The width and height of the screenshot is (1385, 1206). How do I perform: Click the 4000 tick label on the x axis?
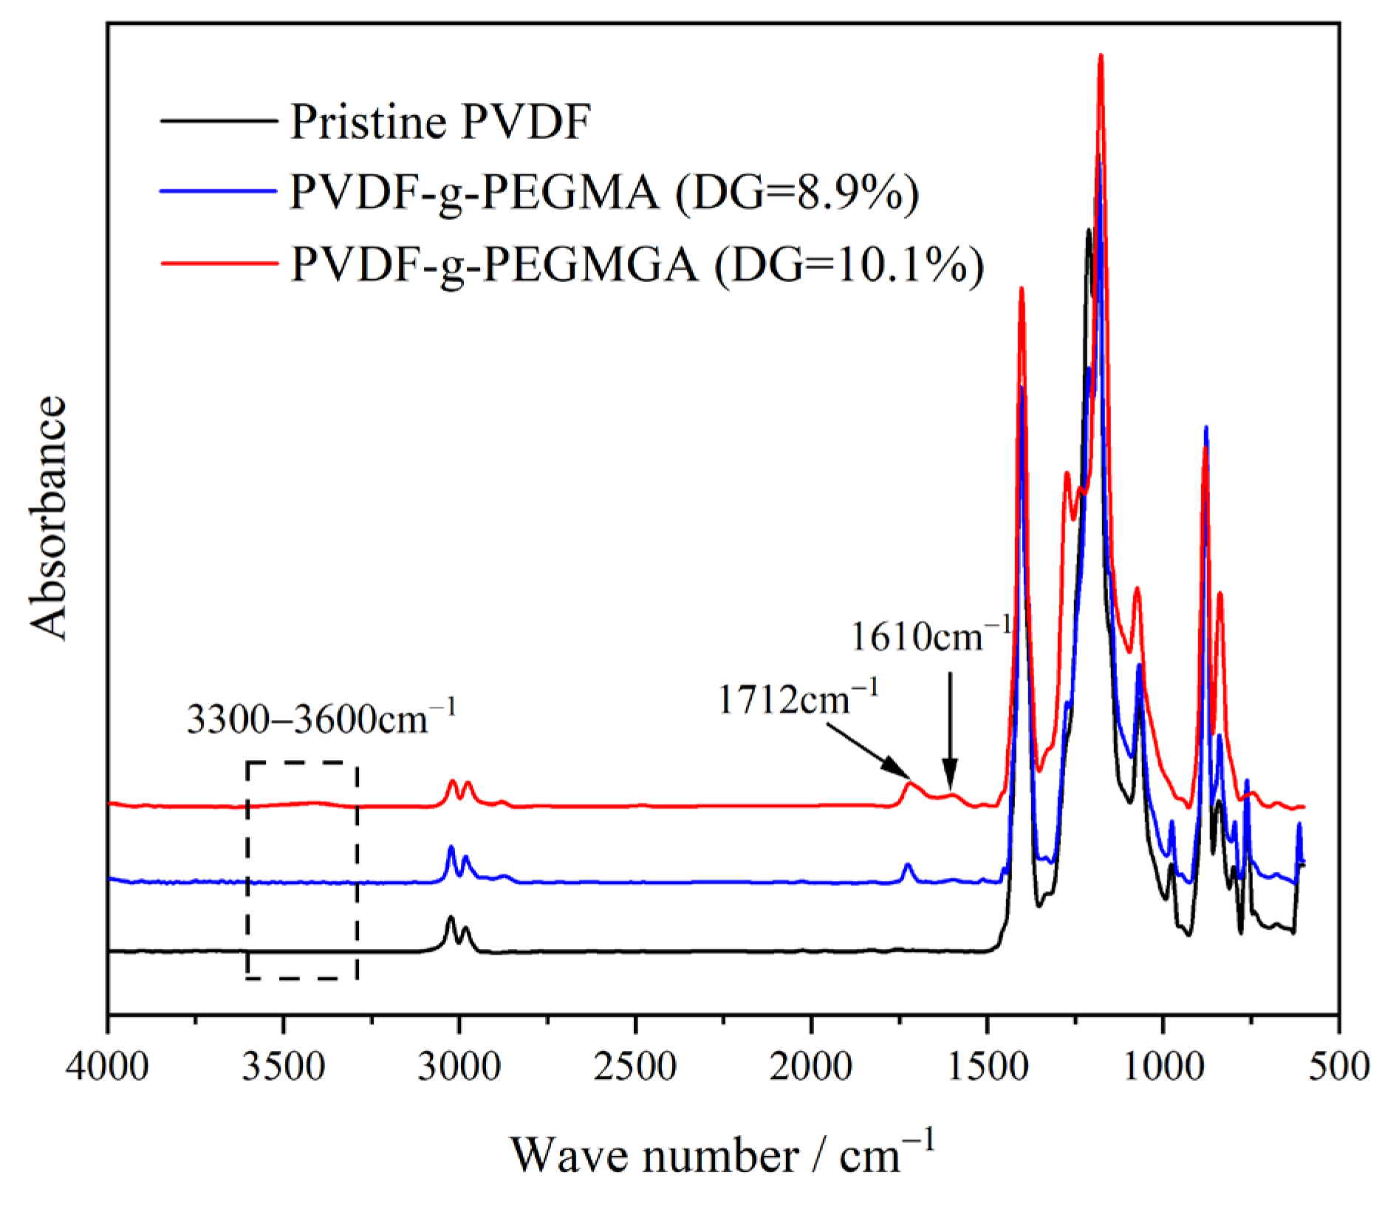(109, 1069)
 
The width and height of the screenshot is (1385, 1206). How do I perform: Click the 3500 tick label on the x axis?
(284, 1069)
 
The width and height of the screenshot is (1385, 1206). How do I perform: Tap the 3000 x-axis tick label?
(459, 1069)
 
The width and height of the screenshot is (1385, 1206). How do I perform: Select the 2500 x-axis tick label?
(635, 1069)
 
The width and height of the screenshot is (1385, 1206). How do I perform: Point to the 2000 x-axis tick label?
(811, 1069)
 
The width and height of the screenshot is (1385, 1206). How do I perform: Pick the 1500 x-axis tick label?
(987, 1069)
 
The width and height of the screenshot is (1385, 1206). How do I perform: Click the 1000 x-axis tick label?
(1163, 1069)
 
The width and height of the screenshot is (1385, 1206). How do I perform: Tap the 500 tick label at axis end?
(1338, 1069)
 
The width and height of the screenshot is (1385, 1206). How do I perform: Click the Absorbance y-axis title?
(49, 517)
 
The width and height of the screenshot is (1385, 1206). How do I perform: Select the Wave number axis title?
(722, 1156)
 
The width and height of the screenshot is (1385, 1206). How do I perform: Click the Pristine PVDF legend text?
(440, 122)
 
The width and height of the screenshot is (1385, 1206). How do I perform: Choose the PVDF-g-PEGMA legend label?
(604, 193)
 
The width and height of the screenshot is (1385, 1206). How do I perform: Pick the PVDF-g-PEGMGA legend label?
(637, 264)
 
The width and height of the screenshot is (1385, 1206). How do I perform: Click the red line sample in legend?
(219, 264)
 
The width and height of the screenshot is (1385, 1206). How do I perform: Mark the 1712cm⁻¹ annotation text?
(798, 698)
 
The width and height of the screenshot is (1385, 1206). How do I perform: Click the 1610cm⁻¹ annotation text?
(930, 636)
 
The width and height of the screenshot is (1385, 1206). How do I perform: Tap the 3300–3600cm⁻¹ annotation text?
(321, 719)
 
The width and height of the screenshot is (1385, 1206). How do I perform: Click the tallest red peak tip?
(1101, 55)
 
